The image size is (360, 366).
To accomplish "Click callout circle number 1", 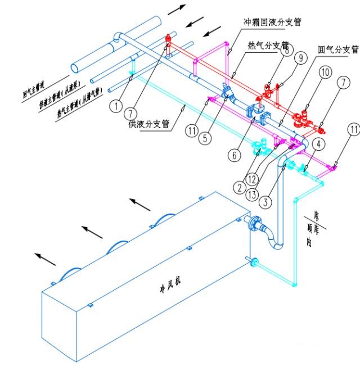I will pyautogui.click(x=116, y=104).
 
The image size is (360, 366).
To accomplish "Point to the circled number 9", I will pyautogui.click(x=300, y=57).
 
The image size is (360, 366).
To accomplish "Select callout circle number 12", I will pyautogui.click(x=251, y=180).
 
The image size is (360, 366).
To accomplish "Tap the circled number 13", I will pyautogui.click(x=252, y=195).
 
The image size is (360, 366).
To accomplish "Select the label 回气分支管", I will pyautogui.click(x=338, y=49).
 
